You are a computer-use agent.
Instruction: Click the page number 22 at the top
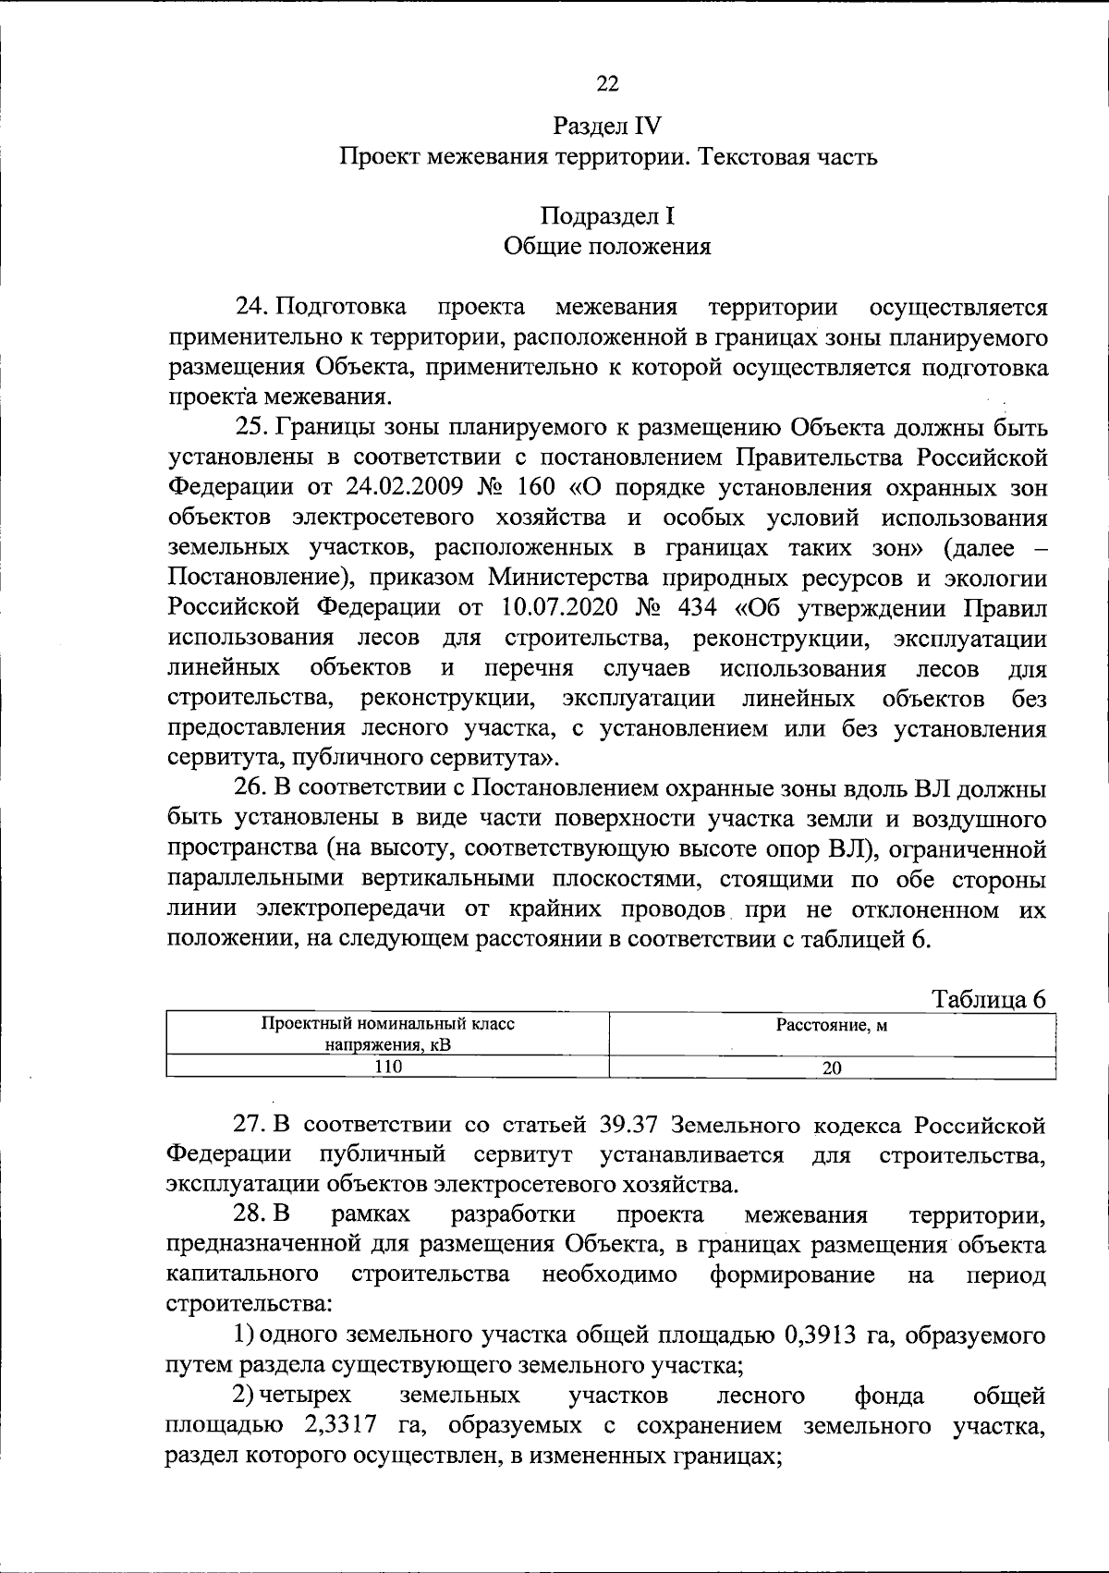[607, 84]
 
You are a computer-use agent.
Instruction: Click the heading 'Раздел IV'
[607, 126]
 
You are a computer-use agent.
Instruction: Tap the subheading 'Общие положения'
[607, 247]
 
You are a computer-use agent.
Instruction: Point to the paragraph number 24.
[251, 307]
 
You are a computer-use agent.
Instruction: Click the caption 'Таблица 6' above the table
[989, 1000]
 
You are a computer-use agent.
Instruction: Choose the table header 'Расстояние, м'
[832, 1025]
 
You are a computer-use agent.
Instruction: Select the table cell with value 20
[832, 1067]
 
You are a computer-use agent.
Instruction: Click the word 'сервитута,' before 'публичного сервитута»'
[225, 759]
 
